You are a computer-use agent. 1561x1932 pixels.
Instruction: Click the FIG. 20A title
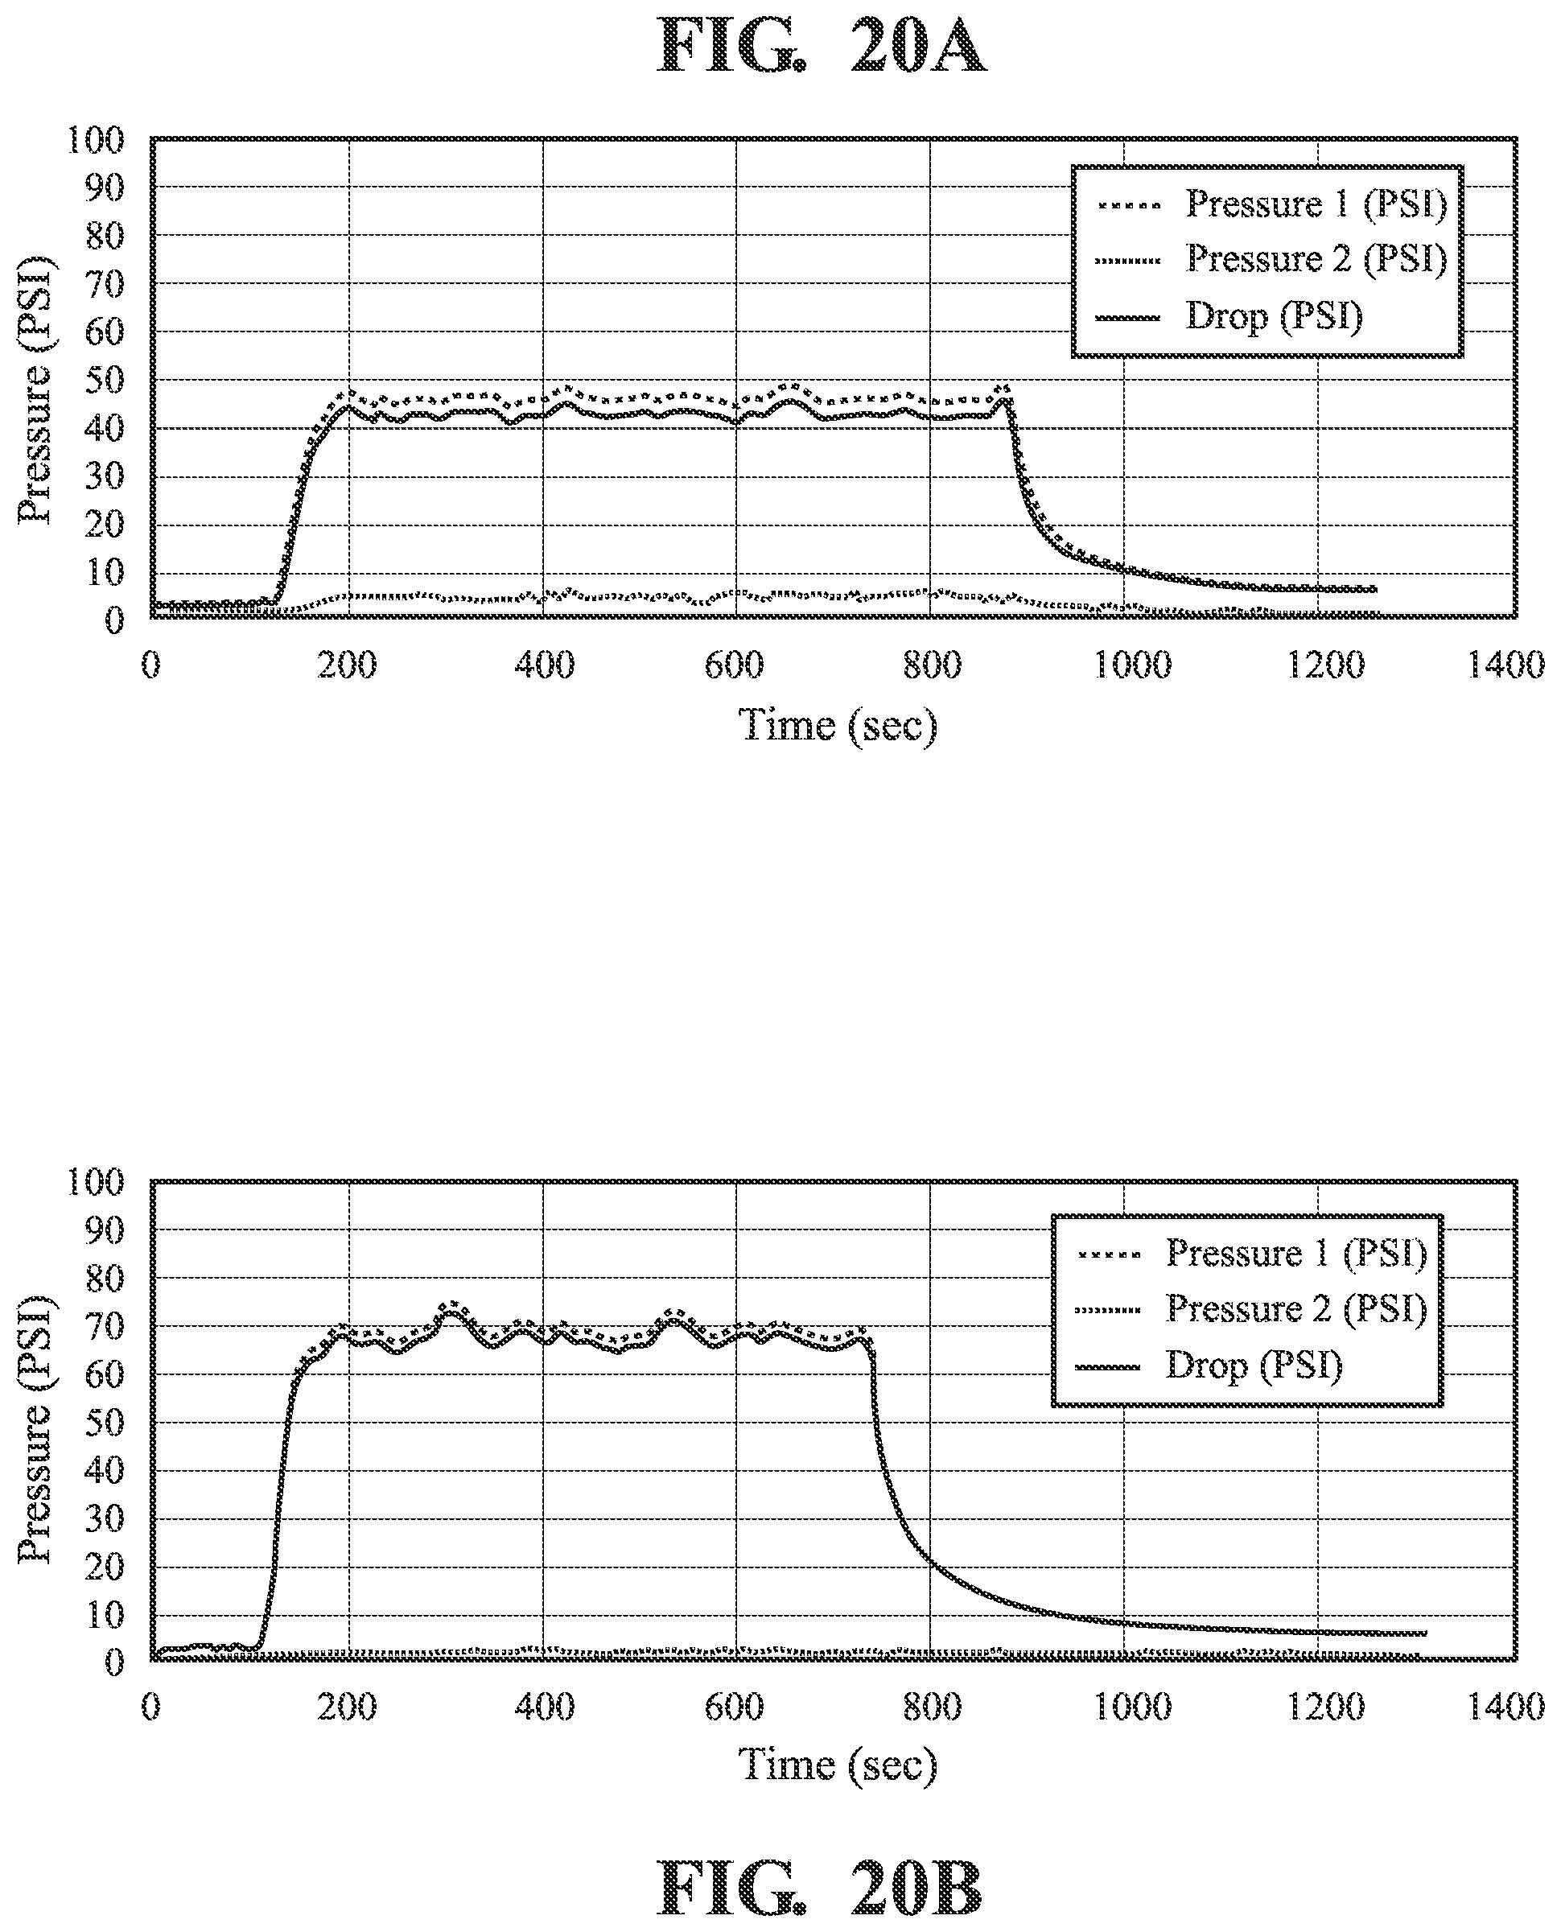(821, 47)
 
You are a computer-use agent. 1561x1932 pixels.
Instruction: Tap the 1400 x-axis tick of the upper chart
(1506, 666)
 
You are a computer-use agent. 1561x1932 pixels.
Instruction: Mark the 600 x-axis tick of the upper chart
(735, 666)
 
